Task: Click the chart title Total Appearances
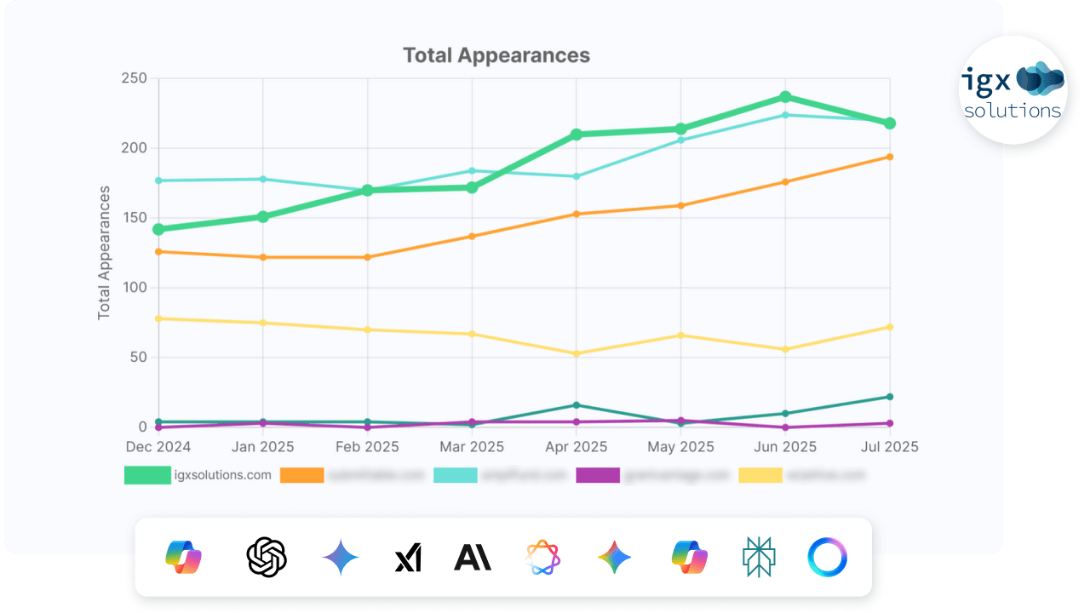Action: (x=496, y=55)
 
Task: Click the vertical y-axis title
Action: (x=105, y=253)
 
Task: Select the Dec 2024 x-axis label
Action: (x=158, y=447)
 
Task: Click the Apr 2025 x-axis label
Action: (x=577, y=447)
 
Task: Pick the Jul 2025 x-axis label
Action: (x=889, y=447)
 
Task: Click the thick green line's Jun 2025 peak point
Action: (x=785, y=97)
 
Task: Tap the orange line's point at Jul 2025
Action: (x=890, y=157)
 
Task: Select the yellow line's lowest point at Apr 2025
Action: (x=577, y=353)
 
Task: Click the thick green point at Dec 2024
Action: (x=158, y=229)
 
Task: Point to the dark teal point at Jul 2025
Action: (x=890, y=397)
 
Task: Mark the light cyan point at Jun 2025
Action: (x=785, y=115)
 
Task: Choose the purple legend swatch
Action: (x=598, y=475)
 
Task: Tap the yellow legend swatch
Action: (x=760, y=475)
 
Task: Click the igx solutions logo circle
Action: (x=1013, y=90)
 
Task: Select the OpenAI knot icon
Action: (x=267, y=558)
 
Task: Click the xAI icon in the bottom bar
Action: (x=408, y=559)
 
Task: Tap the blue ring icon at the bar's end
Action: (x=827, y=558)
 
